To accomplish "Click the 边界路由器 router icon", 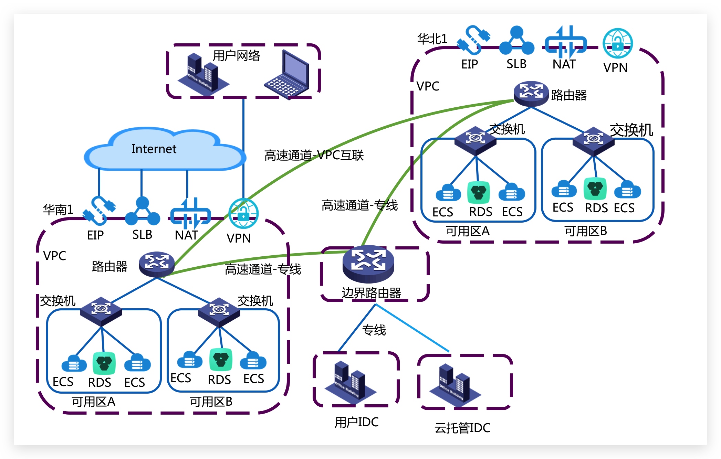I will point(368,264).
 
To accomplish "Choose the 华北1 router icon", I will point(531,93).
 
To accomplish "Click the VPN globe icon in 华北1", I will point(618,43).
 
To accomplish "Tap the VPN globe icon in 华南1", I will point(243,214).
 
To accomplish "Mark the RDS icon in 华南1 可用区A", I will point(104,363).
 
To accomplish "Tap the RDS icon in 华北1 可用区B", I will point(595,189).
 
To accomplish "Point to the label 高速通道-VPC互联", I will point(314,156).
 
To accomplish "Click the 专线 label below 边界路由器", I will point(374,330).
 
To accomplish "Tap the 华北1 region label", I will point(432,39).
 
